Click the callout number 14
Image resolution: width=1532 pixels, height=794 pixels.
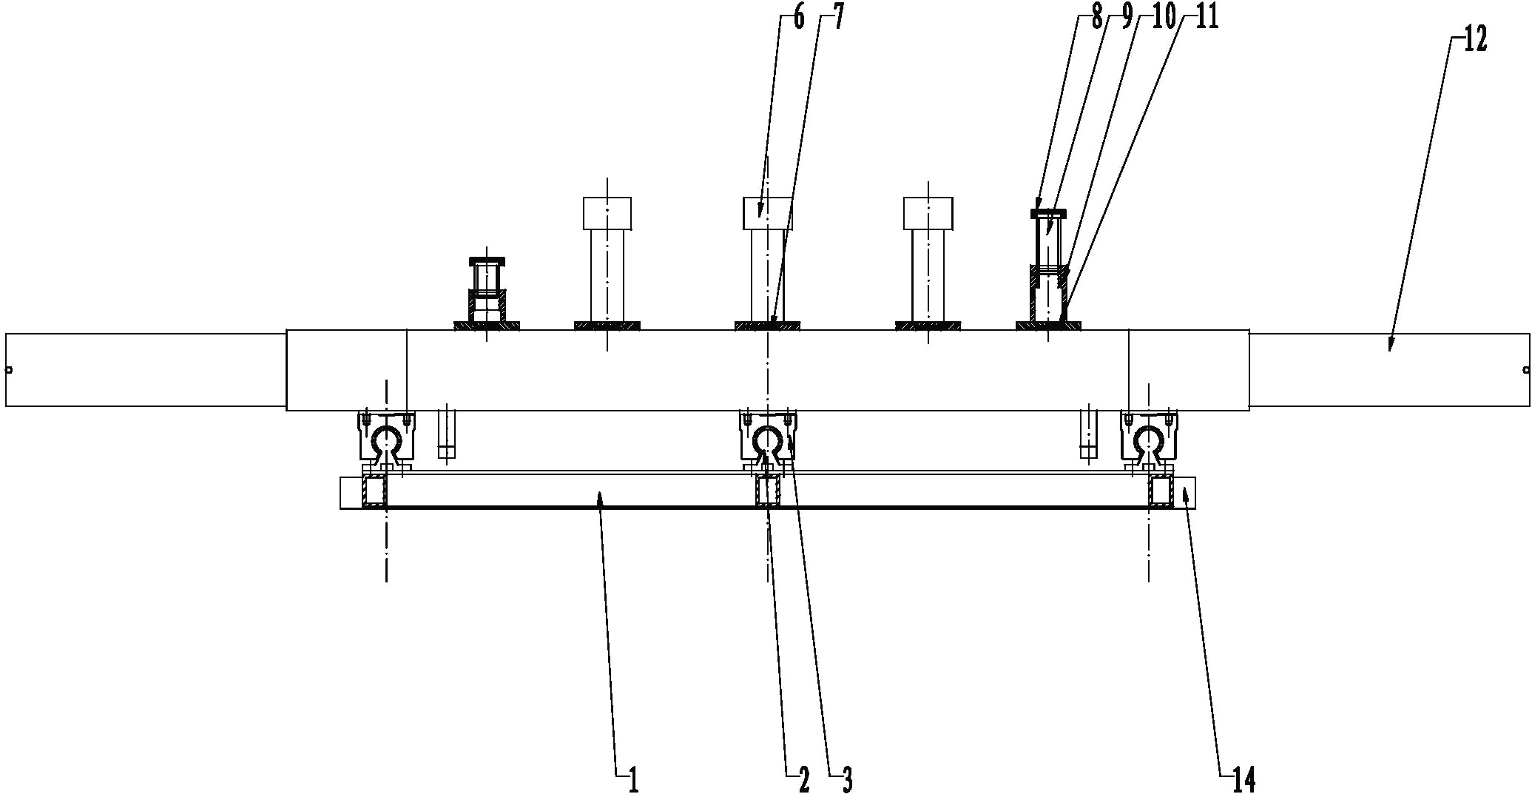1245,778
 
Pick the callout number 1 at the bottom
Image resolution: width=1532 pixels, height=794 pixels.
633,778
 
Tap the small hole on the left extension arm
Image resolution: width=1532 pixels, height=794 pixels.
9,370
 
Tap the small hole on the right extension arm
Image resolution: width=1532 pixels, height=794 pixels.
1525,370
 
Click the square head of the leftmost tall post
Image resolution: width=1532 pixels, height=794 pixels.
607,213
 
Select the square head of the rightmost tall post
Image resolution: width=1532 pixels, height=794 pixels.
928,213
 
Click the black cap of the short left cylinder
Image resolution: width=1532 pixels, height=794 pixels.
487,260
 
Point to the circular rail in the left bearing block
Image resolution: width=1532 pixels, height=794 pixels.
386,441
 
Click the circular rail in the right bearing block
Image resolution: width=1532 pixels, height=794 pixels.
1148,441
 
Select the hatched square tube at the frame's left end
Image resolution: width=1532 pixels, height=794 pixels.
374,491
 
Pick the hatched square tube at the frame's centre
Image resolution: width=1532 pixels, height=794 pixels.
768,491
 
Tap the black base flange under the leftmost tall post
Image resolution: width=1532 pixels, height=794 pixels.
607,325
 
